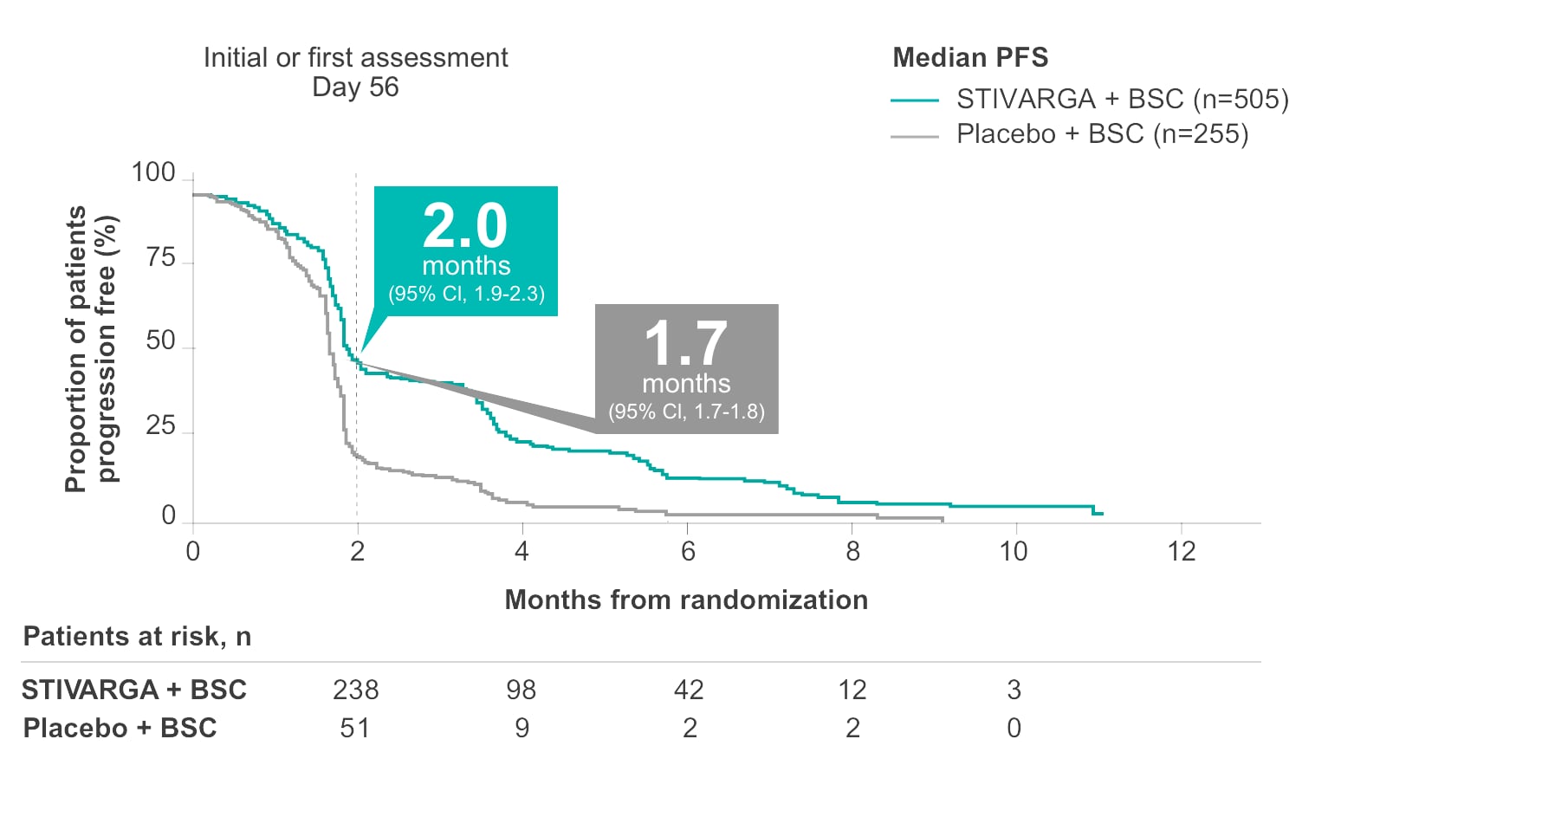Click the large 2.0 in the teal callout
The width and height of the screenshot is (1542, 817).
tap(465, 226)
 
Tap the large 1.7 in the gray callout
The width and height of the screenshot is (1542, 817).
tap(685, 344)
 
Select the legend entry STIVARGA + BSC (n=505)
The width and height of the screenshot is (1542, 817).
tap(1122, 100)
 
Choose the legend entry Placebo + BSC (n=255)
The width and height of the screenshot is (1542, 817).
tap(1102, 134)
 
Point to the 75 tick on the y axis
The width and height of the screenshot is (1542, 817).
tap(161, 258)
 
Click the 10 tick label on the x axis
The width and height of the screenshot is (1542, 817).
tap(1013, 552)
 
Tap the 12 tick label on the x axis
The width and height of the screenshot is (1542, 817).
tap(1181, 552)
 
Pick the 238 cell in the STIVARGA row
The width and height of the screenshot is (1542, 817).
tap(356, 690)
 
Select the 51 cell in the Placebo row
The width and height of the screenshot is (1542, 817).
tap(355, 728)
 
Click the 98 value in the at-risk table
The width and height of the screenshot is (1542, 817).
tap(522, 690)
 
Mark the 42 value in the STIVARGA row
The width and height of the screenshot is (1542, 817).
tap(689, 690)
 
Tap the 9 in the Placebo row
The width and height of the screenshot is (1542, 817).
tap(522, 728)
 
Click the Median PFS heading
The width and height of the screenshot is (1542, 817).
tap(970, 58)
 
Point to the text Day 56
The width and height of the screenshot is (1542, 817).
tap(355, 88)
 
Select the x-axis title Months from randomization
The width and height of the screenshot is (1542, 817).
tap(686, 600)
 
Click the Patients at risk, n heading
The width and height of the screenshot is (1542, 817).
tap(137, 637)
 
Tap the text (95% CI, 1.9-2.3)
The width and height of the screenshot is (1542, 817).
tap(466, 294)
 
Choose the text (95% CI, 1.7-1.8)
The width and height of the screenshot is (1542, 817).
tap(686, 412)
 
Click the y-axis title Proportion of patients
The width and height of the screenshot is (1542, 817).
tap(76, 348)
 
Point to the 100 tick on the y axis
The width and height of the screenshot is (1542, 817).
tap(153, 173)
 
